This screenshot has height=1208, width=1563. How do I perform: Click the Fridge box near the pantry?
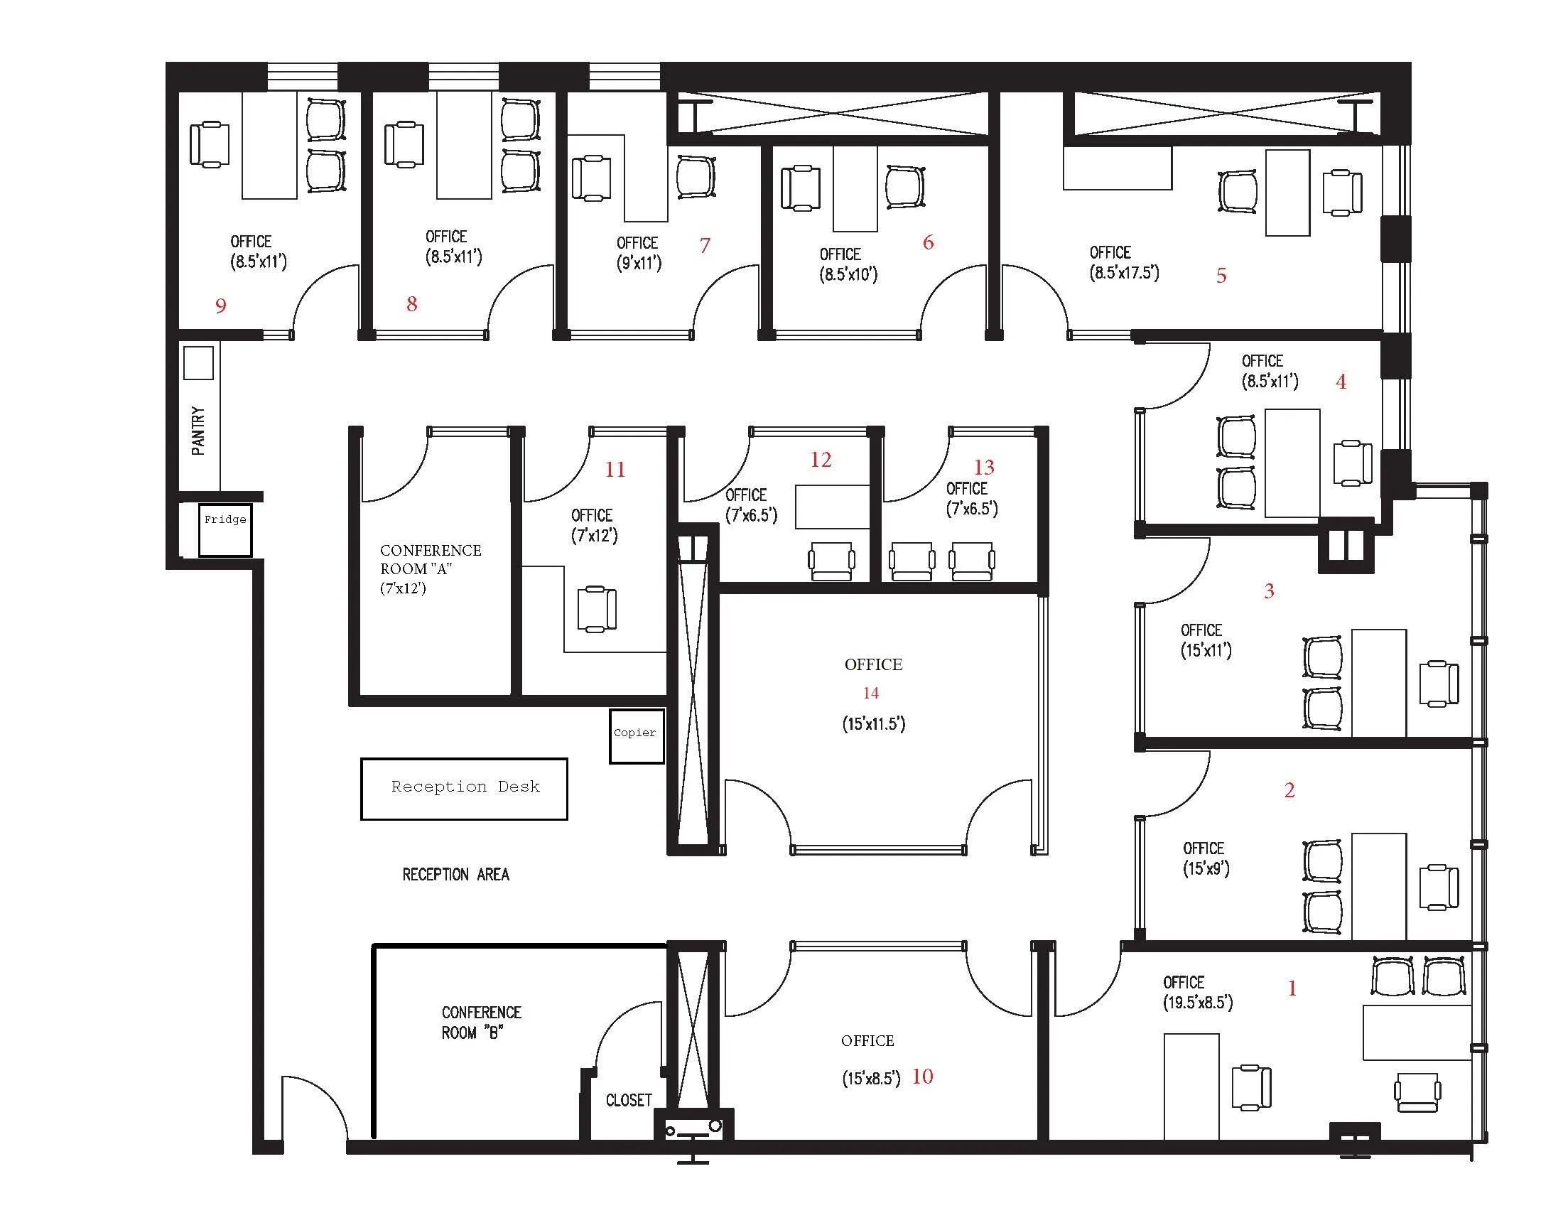pyautogui.click(x=225, y=529)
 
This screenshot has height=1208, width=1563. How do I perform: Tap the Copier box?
pyautogui.click(x=636, y=735)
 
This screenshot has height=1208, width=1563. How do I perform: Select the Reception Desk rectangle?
pyautogui.click(x=464, y=789)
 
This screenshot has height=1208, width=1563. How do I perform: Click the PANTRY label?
pyautogui.click(x=198, y=431)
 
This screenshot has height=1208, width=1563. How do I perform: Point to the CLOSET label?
pyautogui.click(x=628, y=1100)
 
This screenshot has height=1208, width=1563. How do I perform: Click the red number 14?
pyautogui.click(x=871, y=693)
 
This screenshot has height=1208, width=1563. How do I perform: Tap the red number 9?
pyautogui.click(x=220, y=306)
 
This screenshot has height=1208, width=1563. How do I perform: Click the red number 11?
pyautogui.click(x=615, y=470)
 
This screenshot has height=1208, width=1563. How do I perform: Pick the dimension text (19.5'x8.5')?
pyautogui.click(x=1197, y=1003)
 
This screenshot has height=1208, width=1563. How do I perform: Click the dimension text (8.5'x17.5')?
pyautogui.click(x=1124, y=273)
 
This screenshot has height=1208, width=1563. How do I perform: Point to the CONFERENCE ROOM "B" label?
pyautogui.click(x=480, y=1023)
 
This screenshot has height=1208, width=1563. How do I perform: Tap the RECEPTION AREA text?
pyautogui.click(x=455, y=875)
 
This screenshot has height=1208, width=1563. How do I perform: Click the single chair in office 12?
pyautogui.click(x=831, y=561)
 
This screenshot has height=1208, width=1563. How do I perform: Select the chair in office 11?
pyautogui.click(x=597, y=608)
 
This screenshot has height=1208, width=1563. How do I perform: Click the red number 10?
pyautogui.click(x=921, y=1077)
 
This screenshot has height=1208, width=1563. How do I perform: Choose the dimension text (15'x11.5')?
pyautogui.click(x=873, y=723)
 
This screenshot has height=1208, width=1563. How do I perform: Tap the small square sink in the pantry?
pyautogui.click(x=198, y=364)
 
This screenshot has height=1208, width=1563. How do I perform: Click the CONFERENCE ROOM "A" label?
pyautogui.click(x=429, y=569)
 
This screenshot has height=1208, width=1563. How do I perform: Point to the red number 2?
pyautogui.click(x=1289, y=790)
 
